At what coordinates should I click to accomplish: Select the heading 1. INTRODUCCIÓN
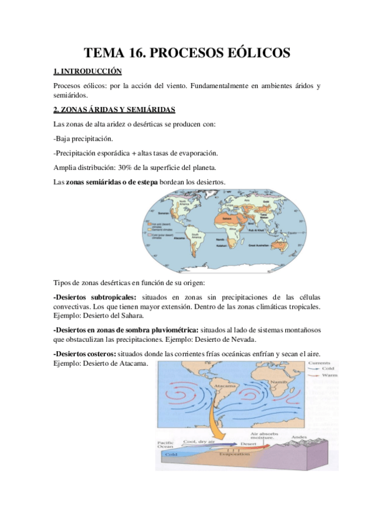pyautogui.click(x=87, y=72)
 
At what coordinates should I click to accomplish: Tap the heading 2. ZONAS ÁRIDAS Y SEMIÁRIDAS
pyautogui.click(x=109, y=110)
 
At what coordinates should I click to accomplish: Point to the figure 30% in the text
pyautogui.click(x=152, y=167)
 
